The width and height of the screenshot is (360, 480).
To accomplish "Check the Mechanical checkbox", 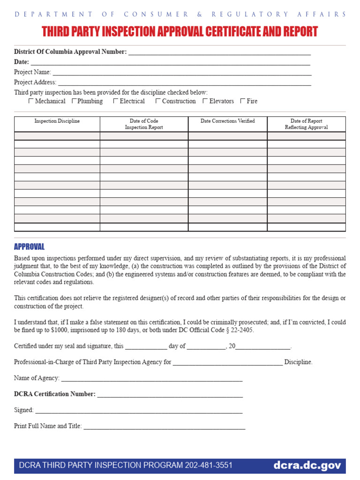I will (x=31, y=101).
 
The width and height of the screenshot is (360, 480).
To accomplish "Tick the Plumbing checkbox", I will (x=74, y=101).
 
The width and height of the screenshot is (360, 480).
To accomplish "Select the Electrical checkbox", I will (x=116, y=101).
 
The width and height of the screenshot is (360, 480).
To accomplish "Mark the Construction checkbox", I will (x=158, y=101).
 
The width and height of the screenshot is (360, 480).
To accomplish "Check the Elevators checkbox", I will (x=205, y=101).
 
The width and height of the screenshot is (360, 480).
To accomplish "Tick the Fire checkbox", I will (x=242, y=101).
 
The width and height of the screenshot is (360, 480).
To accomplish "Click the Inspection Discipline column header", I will (x=57, y=121).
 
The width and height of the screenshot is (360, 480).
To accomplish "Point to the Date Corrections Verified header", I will (x=228, y=121).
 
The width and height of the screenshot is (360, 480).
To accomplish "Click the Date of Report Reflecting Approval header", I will (x=306, y=124).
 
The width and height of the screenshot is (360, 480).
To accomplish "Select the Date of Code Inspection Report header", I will (x=144, y=124).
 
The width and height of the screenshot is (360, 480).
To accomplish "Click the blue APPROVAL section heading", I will (x=29, y=247).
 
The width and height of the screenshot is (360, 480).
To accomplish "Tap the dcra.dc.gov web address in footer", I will (x=307, y=465).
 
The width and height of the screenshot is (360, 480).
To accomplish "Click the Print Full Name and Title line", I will (x=164, y=427).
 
